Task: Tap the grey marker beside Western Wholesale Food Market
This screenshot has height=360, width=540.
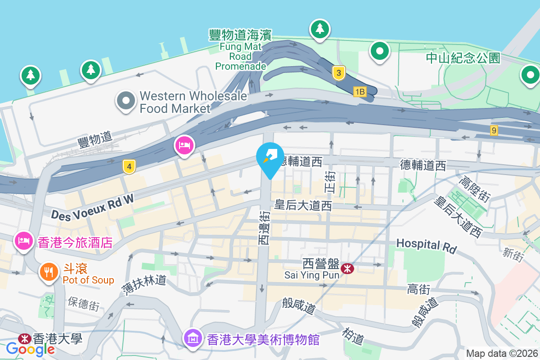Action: tap(126, 100)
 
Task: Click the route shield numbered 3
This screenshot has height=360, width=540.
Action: tap(339, 73)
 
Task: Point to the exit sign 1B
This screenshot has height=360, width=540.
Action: tap(360, 92)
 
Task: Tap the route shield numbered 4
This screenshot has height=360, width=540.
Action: tap(129, 167)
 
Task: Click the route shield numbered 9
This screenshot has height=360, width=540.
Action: tap(494, 130)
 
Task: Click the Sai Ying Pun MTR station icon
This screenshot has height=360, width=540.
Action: tap(347, 269)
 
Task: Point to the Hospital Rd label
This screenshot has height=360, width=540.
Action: tap(426, 246)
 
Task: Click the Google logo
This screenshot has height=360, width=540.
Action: tap(30, 349)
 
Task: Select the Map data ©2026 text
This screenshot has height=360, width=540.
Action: tap(501, 353)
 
